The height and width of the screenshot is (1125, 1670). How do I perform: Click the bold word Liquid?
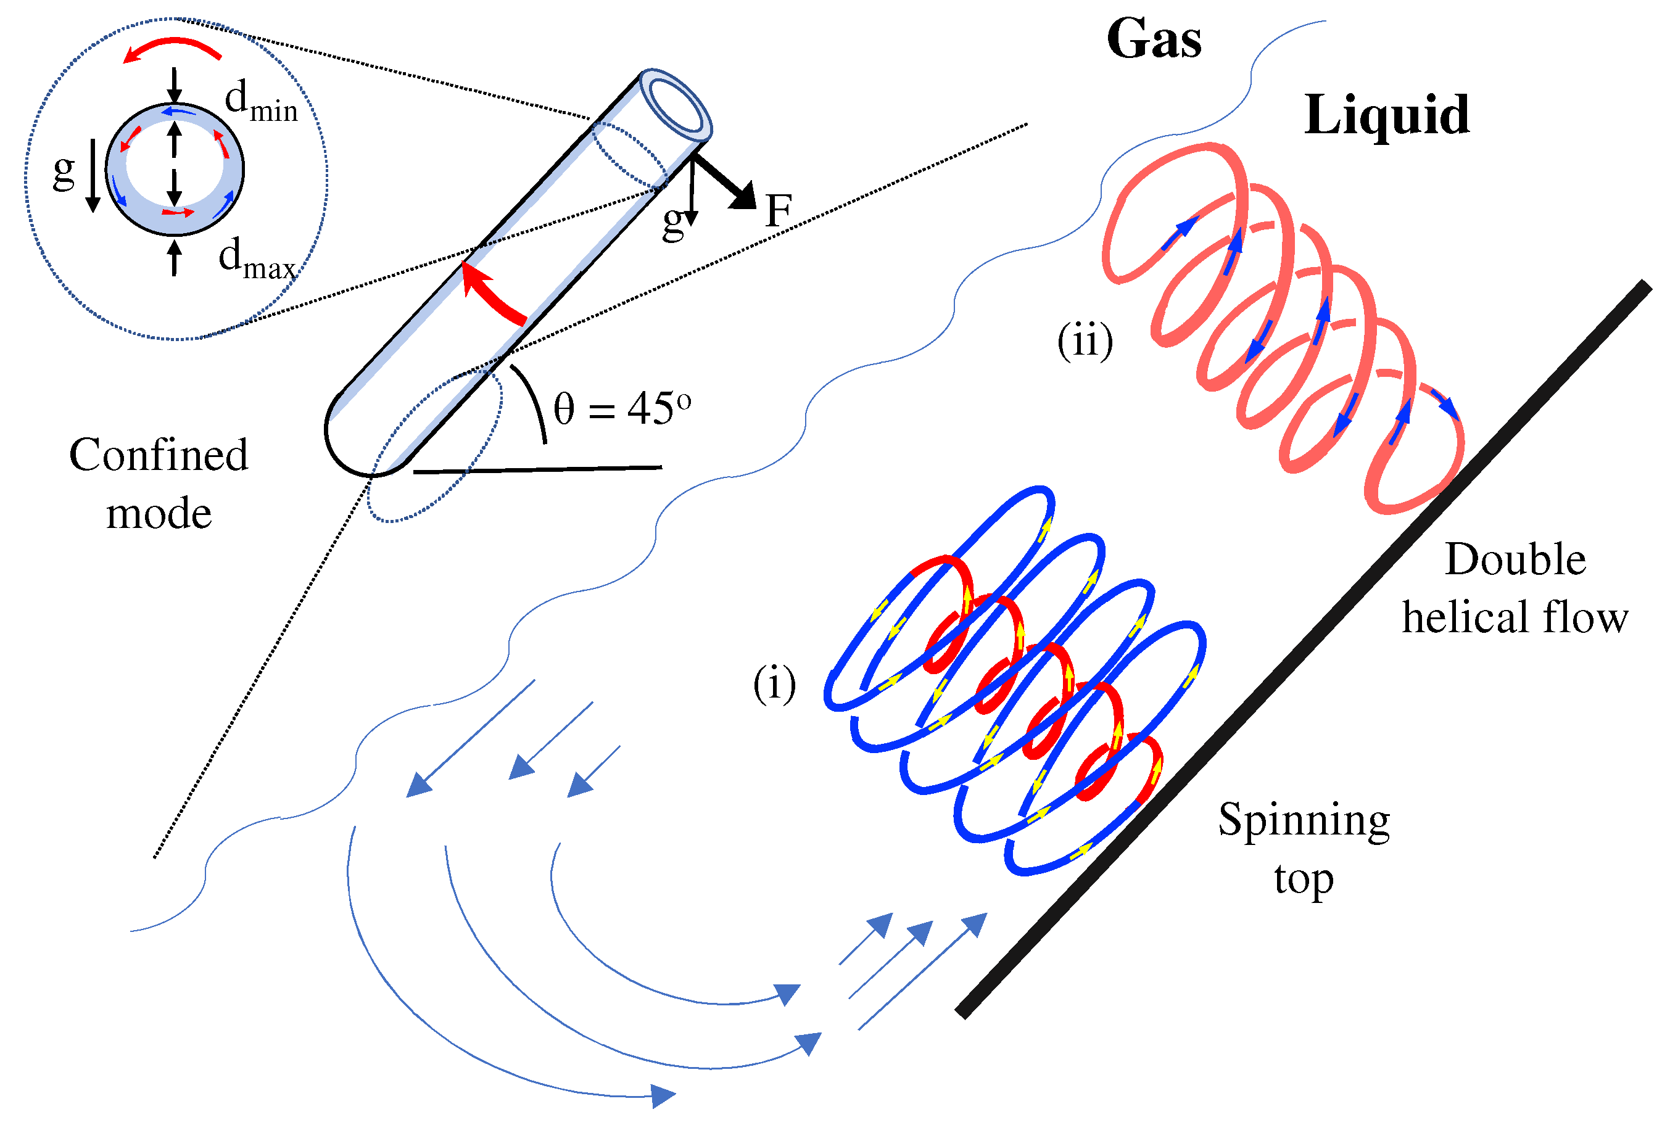[1386, 115]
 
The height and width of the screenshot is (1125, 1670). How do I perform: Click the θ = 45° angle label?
[621, 409]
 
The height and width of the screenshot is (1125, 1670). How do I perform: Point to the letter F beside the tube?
[778, 211]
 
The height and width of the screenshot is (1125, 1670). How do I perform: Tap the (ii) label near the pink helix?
[1085, 341]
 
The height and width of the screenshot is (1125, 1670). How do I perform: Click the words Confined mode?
[159, 484]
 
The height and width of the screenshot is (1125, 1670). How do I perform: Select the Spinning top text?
[1304, 849]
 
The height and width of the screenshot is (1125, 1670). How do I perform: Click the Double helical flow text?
[1515, 588]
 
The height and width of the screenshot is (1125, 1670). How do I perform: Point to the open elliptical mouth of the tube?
[676, 101]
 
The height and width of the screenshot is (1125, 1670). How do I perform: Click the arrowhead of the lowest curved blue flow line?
[663, 1095]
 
